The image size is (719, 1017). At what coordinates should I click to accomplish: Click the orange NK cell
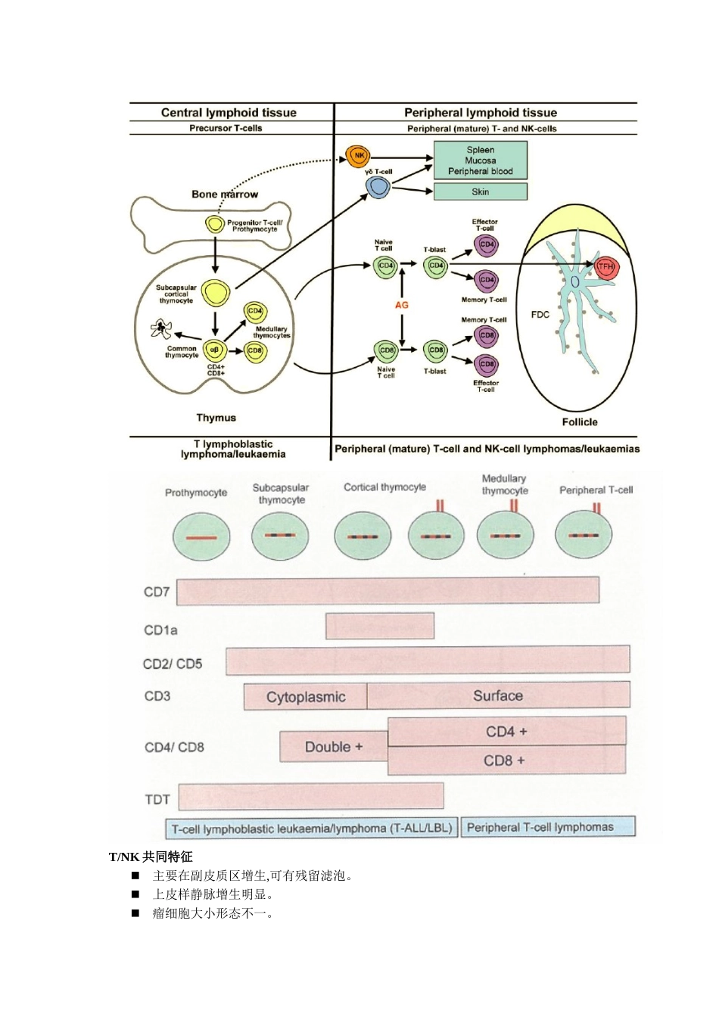tap(358, 156)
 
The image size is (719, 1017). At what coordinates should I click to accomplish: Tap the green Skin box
tap(480, 191)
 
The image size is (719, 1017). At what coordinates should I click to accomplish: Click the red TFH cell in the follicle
tap(606, 267)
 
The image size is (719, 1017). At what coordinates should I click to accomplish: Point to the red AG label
tap(402, 305)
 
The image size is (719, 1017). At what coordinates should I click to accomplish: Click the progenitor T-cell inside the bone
tap(215, 224)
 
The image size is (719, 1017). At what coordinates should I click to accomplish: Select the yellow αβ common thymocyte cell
tap(215, 350)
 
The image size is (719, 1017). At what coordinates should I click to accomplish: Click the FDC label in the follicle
tap(540, 315)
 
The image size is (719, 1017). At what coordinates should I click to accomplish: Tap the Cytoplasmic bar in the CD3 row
tap(306, 697)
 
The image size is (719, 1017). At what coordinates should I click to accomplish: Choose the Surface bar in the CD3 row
tap(498, 695)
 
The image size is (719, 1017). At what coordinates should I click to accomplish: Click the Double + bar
tap(334, 747)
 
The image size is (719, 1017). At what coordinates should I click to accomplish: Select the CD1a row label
tap(160, 630)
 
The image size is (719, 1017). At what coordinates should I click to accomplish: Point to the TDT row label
tap(157, 799)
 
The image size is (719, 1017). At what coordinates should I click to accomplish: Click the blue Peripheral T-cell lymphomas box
tap(548, 827)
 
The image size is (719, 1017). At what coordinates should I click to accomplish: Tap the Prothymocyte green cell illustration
tap(201, 536)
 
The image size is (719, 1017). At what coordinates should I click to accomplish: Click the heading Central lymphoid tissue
tap(229, 113)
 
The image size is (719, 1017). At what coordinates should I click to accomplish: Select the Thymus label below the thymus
tap(216, 418)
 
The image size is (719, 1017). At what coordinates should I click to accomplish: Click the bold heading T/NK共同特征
tap(151, 857)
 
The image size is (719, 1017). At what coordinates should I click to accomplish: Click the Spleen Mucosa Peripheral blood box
tap(480, 160)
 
